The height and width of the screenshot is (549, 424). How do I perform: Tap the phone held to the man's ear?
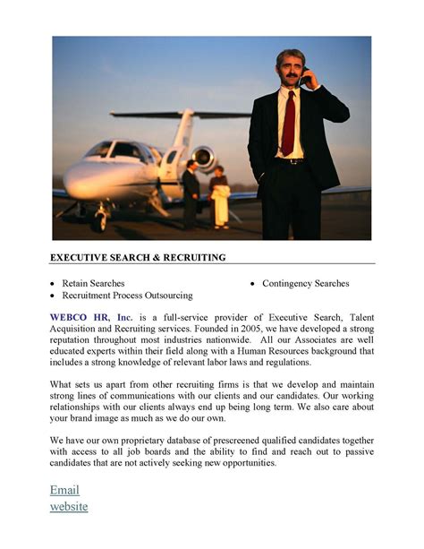(304, 78)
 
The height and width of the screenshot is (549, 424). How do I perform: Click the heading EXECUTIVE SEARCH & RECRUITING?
(138, 258)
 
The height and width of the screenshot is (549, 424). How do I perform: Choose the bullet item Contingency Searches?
(305, 283)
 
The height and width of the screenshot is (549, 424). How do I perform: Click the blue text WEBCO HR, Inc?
(90, 317)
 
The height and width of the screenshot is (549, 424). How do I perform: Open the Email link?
(64, 489)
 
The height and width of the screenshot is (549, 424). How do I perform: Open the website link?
(69, 506)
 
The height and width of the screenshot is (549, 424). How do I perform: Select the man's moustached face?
(290, 70)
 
